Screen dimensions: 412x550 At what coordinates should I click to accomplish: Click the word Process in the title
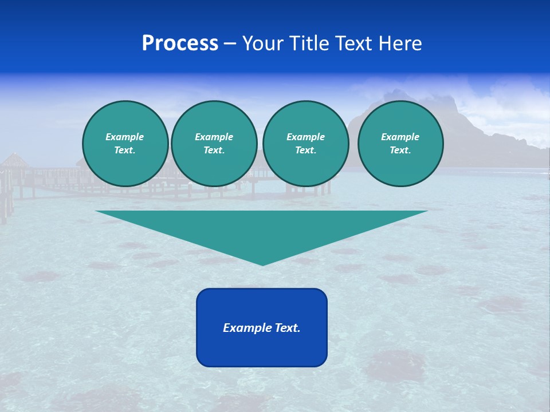click(180, 43)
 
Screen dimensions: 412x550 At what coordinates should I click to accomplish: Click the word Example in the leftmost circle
click(125, 137)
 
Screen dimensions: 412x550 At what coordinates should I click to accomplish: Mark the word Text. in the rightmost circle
click(400, 150)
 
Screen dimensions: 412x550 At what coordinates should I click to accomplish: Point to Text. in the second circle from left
click(214, 150)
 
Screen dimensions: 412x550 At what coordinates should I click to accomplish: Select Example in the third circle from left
click(305, 137)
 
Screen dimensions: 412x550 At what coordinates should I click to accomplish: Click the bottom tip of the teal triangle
click(262, 264)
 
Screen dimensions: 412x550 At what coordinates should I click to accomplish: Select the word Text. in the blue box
click(288, 328)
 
